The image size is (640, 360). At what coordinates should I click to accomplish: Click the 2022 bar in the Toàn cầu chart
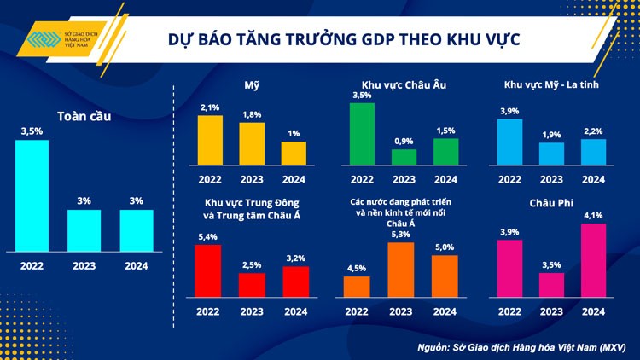point(32,196)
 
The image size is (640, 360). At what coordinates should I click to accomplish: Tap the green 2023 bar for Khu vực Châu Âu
point(404,157)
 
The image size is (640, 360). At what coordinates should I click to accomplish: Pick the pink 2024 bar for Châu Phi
point(592,260)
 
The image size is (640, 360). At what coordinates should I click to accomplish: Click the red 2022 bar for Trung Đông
point(208,270)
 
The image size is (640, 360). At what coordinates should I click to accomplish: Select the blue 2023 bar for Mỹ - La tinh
point(552,154)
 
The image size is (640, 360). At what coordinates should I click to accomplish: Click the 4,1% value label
point(592,216)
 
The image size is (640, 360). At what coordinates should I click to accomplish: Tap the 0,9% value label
point(404,141)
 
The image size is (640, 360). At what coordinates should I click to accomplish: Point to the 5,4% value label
point(208,236)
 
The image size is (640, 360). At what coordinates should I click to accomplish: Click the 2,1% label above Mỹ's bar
point(210,107)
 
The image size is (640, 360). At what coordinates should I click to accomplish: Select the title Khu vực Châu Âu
point(404,84)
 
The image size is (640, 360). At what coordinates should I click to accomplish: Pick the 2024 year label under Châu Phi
point(592,311)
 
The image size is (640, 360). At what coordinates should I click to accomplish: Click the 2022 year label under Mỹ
point(210,179)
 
